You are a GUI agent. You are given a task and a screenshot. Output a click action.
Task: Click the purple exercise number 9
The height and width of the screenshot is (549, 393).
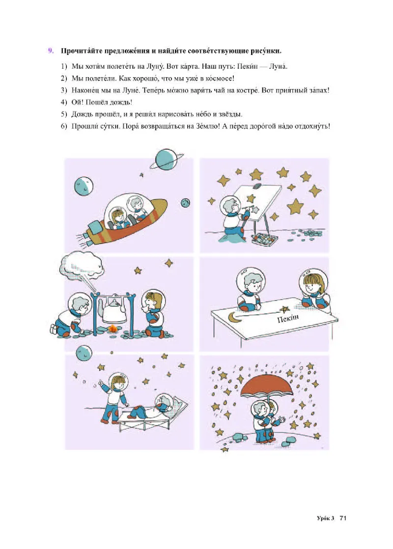pos(51,51)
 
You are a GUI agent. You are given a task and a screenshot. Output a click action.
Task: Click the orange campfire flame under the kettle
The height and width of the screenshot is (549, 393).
pos(112,329)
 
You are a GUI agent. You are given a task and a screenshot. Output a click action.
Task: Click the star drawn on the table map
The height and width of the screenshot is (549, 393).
pos(284,309)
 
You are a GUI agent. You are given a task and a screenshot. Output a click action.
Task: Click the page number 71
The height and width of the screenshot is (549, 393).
pos(342,518)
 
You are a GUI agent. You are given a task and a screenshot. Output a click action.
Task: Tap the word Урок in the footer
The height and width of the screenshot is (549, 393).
pos(323,518)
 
